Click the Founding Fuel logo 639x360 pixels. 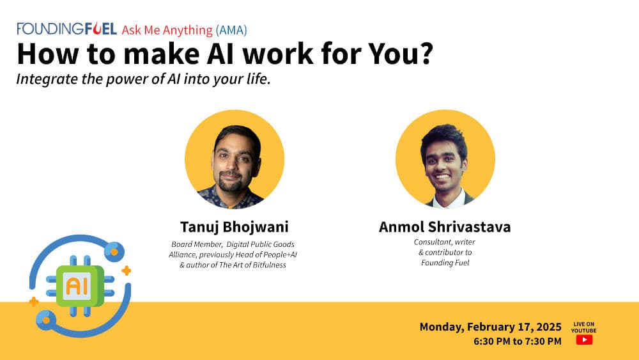pos(66,29)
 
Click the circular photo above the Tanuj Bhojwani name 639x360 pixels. pos(235,159)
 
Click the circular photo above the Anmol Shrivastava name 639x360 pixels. pos(445,159)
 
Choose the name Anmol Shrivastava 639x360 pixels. pos(445,228)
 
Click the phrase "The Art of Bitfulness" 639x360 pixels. pos(250,265)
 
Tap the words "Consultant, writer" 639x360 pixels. pos(445,242)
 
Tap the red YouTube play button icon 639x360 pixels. pos(584,340)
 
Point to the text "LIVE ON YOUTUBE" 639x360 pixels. pos(584,327)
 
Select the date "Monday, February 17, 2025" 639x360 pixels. pos(490,327)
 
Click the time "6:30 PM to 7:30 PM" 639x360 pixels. pos(518,341)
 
